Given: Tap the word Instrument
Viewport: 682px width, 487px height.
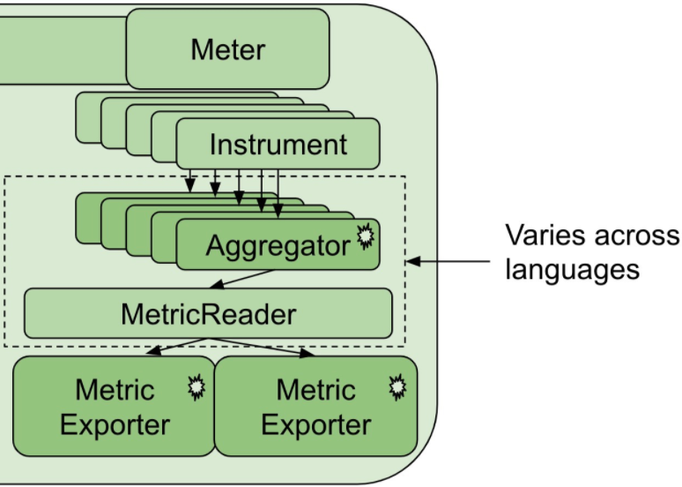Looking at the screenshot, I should [x=278, y=144].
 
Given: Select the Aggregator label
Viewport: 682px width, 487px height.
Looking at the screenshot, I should [x=278, y=245].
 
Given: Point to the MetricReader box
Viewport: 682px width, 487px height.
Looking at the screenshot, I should [x=208, y=313].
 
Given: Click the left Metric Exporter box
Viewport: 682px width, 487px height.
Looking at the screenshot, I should [x=114, y=407].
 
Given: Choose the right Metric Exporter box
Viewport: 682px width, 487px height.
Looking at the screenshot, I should [x=315, y=407].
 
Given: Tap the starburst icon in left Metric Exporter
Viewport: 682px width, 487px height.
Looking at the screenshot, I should [x=196, y=387].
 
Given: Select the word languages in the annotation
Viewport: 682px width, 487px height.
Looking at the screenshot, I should [x=572, y=268].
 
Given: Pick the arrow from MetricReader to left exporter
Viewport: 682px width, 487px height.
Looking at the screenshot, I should [x=176, y=348].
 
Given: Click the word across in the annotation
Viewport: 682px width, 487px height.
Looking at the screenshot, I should [x=634, y=236].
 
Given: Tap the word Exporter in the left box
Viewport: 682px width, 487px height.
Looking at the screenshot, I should [x=115, y=425].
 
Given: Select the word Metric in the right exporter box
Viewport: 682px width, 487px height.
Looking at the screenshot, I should [x=315, y=389].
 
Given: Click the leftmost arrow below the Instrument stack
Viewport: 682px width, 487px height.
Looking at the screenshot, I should [x=189, y=180].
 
